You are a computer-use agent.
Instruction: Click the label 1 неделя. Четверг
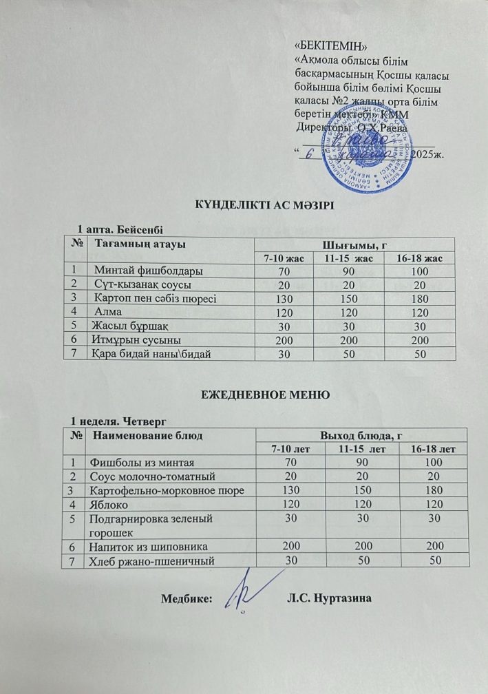click(120, 419)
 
